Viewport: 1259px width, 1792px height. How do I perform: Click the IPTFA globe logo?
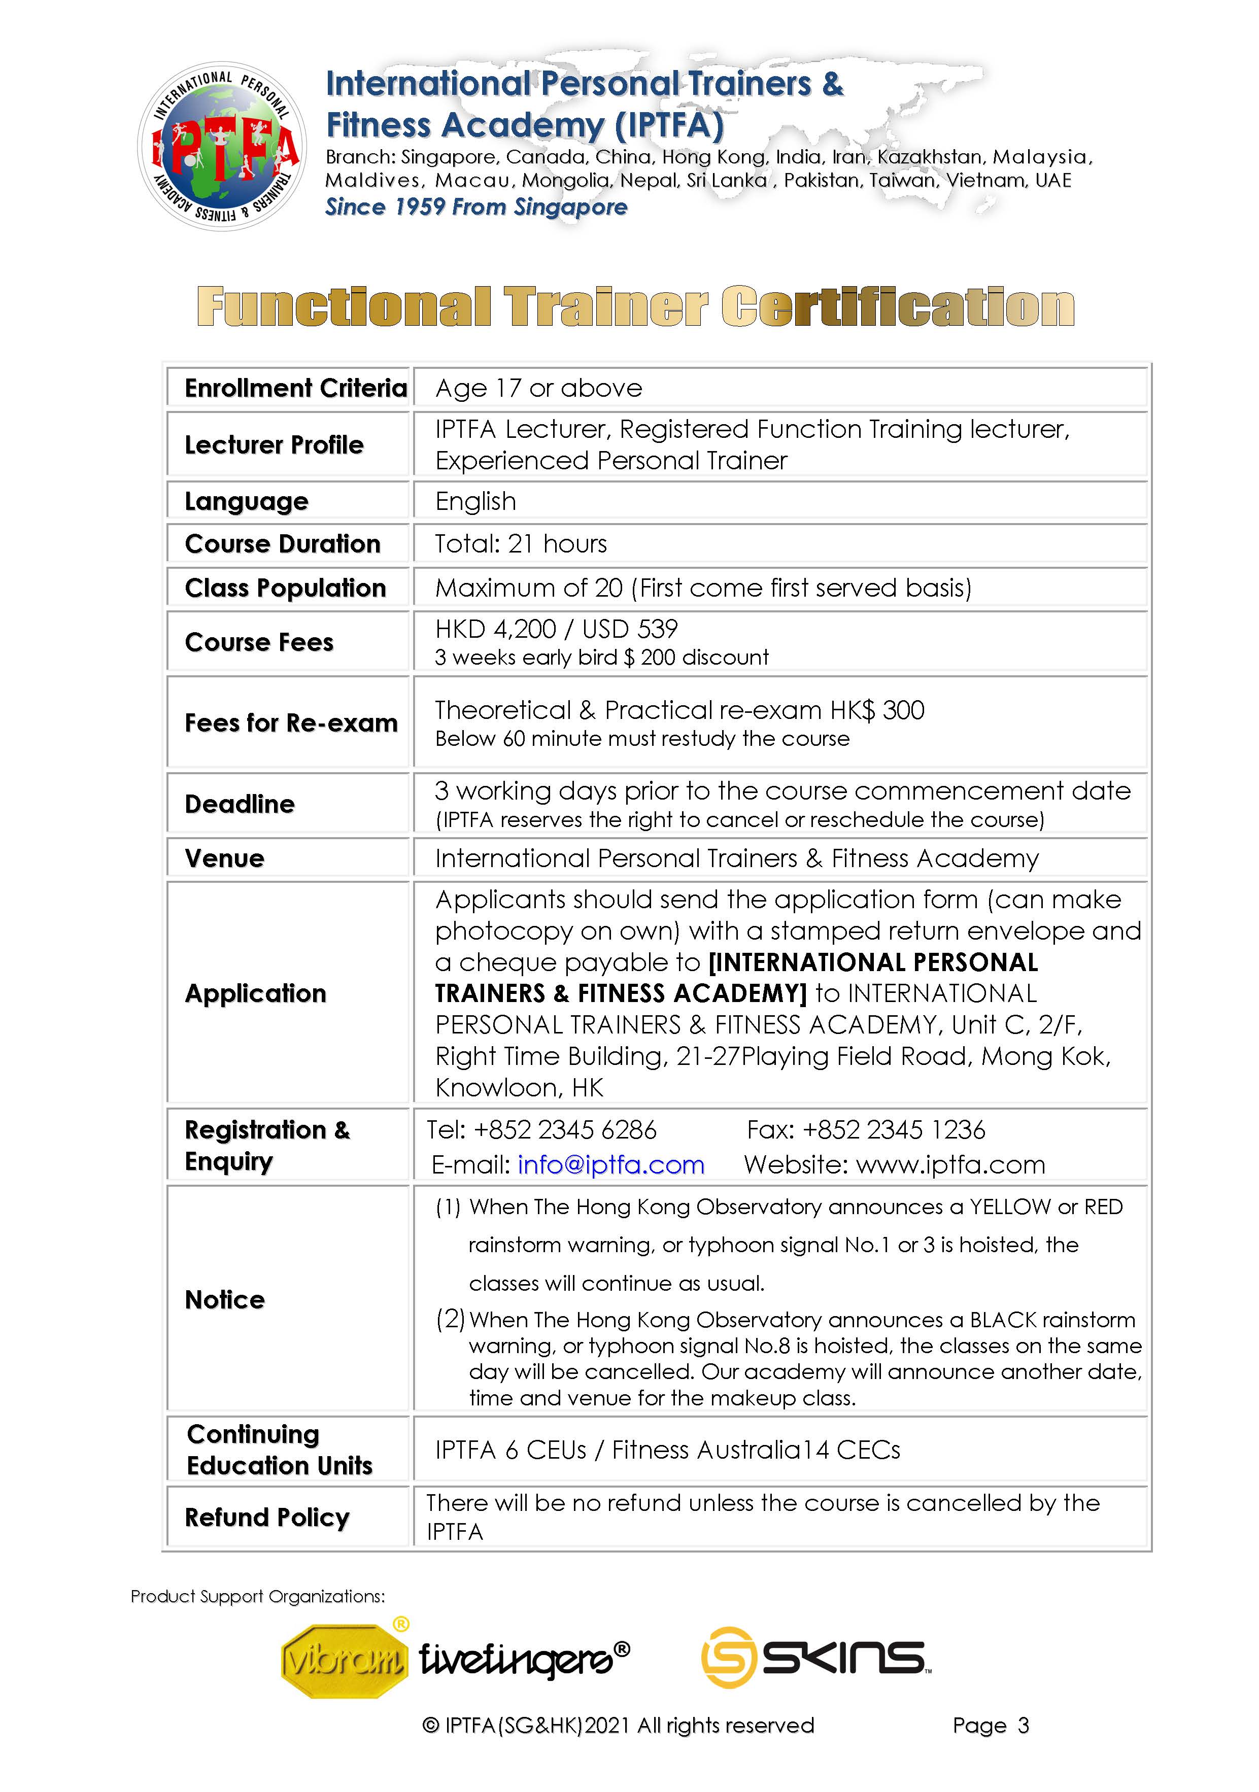click(x=222, y=147)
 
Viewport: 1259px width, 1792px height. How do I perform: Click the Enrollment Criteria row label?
click(x=295, y=388)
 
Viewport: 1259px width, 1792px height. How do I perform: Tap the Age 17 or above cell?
click(x=538, y=388)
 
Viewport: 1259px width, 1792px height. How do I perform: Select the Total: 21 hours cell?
click(x=521, y=544)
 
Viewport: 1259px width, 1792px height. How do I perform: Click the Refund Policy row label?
click(x=266, y=1518)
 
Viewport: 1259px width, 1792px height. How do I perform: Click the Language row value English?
click(x=475, y=501)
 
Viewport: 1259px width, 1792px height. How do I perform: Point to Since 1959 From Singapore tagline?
click(x=476, y=207)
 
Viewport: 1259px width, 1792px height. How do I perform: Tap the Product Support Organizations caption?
click(x=258, y=1596)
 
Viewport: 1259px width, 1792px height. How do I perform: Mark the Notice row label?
click(x=225, y=1299)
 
